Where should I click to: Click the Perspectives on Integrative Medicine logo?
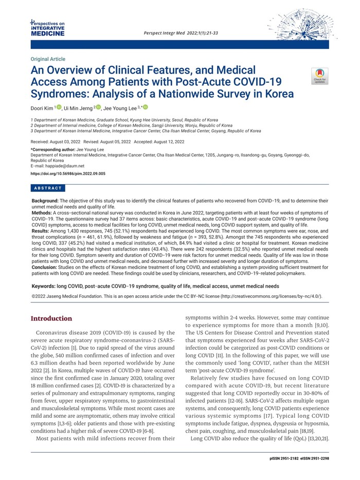point(48,29)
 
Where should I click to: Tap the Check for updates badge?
point(319,76)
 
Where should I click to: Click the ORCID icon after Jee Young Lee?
point(145,107)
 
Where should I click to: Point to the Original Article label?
point(48,59)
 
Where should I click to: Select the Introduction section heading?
point(51,318)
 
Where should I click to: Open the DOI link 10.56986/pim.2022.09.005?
point(68,174)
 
